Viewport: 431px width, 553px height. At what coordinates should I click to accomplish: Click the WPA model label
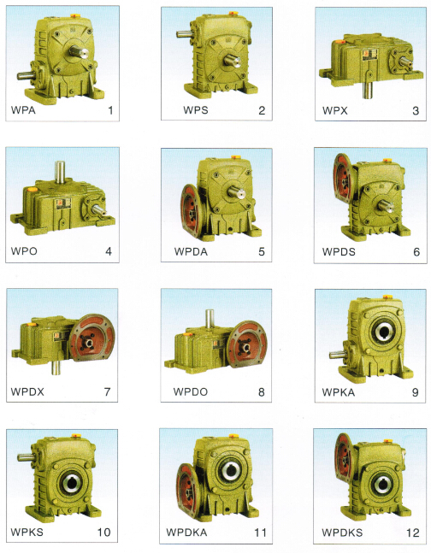coord(23,110)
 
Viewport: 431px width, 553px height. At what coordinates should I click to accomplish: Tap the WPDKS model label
coord(342,532)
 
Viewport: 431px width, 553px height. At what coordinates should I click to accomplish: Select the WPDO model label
coord(191,391)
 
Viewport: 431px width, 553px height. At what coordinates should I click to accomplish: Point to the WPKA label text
coord(338,391)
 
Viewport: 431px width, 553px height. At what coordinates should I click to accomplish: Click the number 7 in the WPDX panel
coord(107,391)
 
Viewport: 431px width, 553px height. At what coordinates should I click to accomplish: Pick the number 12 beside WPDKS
coord(412,532)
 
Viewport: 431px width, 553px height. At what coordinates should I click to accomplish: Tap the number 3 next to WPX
coord(416,111)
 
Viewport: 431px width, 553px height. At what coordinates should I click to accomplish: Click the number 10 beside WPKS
coord(103,532)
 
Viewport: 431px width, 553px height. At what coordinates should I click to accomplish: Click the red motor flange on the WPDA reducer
coord(191,211)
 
